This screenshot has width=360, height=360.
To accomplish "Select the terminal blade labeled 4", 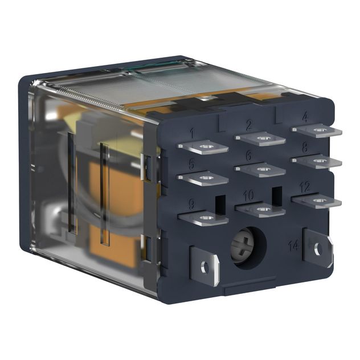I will pyautogui.click(x=317, y=130).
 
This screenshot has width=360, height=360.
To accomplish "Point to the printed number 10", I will pyautogui.click(x=248, y=196).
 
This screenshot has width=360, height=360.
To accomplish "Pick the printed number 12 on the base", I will pyautogui.click(x=305, y=186).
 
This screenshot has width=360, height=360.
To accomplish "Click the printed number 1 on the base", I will pyautogui.click(x=191, y=134).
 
